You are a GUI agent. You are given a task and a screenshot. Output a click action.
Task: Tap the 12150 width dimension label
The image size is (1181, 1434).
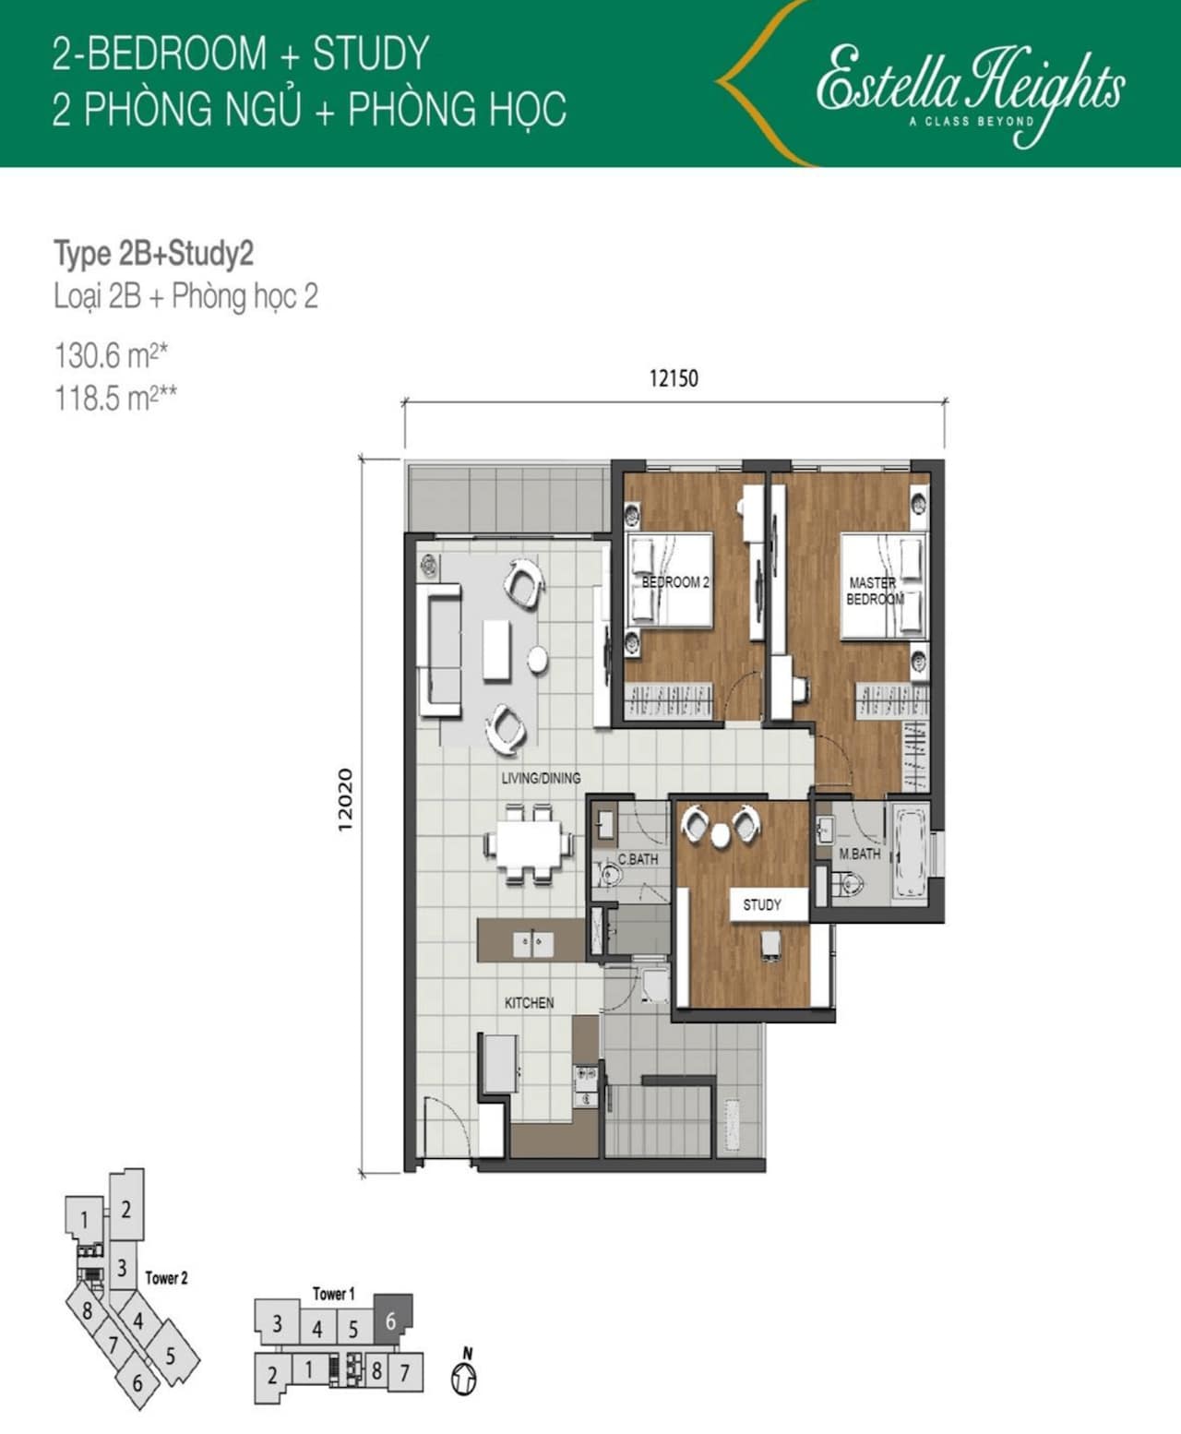coord(674,378)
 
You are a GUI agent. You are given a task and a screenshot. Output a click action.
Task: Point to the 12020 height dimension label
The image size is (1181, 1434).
coord(345,800)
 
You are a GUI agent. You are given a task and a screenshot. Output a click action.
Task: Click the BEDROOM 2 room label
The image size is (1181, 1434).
coord(675,582)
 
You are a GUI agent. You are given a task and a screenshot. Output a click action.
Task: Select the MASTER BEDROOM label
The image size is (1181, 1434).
coord(874,591)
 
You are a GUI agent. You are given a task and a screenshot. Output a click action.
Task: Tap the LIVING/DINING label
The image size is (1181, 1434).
coord(541,778)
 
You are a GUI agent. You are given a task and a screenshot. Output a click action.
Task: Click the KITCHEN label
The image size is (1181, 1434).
coord(529,1003)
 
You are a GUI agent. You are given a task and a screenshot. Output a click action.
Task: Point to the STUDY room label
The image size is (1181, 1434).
coord(762,905)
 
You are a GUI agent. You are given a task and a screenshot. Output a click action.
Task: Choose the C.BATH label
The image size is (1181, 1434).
coord(638,859)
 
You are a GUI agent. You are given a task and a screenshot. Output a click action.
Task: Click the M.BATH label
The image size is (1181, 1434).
coord(860,854)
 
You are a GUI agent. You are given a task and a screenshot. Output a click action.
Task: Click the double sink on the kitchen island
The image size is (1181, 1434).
coord(533,944)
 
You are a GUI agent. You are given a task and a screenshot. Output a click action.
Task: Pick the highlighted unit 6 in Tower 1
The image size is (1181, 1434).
coord(393,1320)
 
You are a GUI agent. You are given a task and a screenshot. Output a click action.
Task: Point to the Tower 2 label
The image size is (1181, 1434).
coord(166,1278)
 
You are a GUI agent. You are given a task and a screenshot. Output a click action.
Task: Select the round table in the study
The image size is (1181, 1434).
coord(721,836)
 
